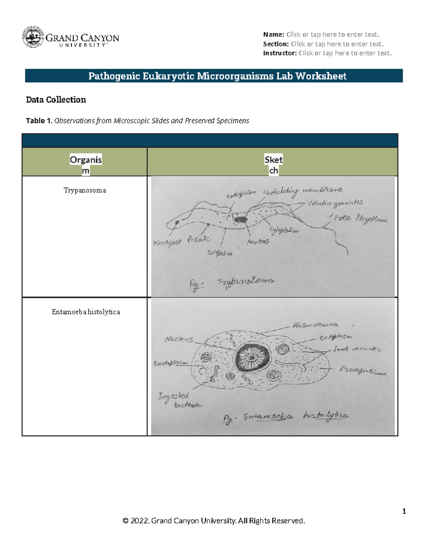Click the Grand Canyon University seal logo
coord(33,37)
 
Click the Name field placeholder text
coord(333,35)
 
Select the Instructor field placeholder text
coord(345,53)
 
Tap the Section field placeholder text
coord(337,44)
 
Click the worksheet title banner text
coord(217,76)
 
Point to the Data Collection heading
coord(56,100)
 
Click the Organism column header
coord(85,165)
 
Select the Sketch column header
coord(273,165)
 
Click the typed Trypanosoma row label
coord(85,190)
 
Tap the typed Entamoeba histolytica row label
coord(86,312)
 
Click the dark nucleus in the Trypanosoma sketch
coord(241,220)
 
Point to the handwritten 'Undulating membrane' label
coord(302,191)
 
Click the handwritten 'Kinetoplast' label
coord(167,243)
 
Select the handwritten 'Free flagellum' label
coord(360,218)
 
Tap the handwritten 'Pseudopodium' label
coord(363,371)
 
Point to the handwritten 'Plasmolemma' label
coord(315,325)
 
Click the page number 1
coord(404,511)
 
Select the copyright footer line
coord(214,521)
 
